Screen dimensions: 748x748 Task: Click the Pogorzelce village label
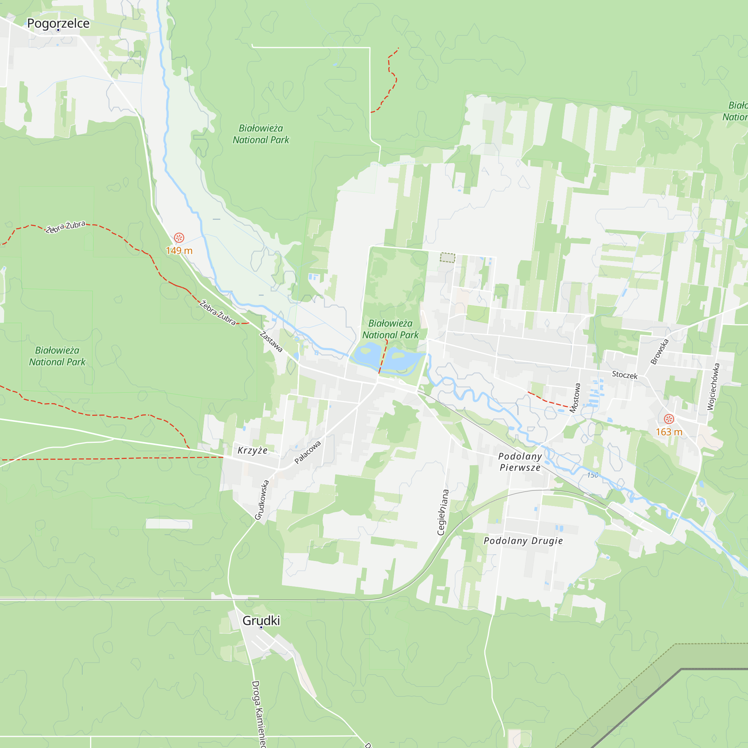58,24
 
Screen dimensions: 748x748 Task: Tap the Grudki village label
261,620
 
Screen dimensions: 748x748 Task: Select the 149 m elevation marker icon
179,238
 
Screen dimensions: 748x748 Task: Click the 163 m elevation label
669,432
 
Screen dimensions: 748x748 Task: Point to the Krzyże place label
252,450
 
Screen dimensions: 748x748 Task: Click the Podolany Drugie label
523,541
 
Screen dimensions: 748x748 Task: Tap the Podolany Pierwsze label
520,462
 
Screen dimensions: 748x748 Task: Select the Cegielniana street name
443,512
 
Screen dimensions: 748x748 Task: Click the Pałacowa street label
308,452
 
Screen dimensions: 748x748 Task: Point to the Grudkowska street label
262,500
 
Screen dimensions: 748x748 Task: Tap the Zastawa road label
271,341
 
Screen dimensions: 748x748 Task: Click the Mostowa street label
575,398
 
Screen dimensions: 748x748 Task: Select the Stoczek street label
625,375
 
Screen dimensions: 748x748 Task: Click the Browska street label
660,352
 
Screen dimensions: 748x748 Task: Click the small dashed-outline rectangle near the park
448,257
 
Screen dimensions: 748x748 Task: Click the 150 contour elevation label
592,475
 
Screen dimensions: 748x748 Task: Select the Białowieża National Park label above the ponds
390,329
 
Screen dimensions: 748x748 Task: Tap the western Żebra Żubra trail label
65,227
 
